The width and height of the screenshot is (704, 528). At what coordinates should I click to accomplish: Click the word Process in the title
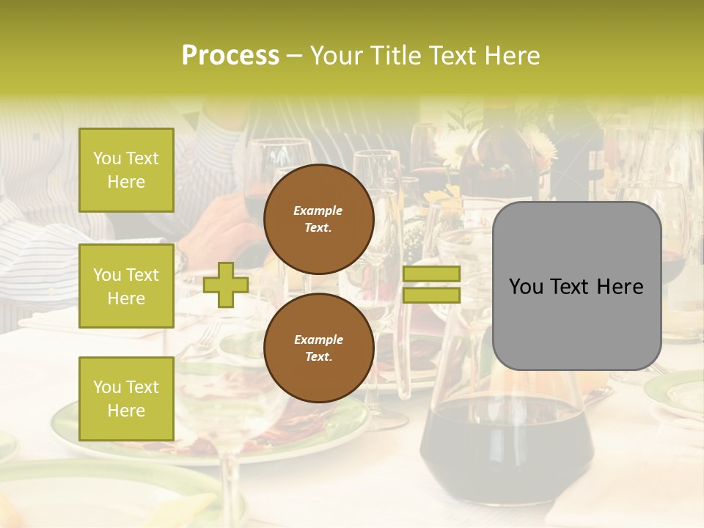(x=230, y=56)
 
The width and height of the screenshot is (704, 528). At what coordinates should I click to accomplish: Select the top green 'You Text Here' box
(x=126, y=170)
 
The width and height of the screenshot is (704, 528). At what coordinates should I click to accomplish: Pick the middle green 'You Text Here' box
(x=126, y=286)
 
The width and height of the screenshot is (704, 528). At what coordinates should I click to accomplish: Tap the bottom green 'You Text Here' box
(x=126, y=399)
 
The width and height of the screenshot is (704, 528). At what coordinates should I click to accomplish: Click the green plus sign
(x=226, y=285)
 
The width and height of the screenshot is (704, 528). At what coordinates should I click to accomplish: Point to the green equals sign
(x=431, y=285)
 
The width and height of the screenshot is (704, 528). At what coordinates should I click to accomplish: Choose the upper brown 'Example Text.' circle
(x=318, y=219)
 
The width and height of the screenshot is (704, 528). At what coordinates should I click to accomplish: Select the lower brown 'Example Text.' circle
(x=318, y=348)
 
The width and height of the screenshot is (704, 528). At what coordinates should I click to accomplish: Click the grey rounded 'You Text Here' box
(x=576, y=286)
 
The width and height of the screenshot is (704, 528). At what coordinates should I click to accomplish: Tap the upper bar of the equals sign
(x=431, y=274)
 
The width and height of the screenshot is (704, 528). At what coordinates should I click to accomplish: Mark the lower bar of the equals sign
(x=431, y=296)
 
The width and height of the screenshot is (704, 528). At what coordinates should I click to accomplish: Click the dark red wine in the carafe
(x=506, y=447)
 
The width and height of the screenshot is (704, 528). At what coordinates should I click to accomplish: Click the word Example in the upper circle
(x=318, y=210)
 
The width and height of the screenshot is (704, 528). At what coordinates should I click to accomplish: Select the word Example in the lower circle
(x=318, y=340)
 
